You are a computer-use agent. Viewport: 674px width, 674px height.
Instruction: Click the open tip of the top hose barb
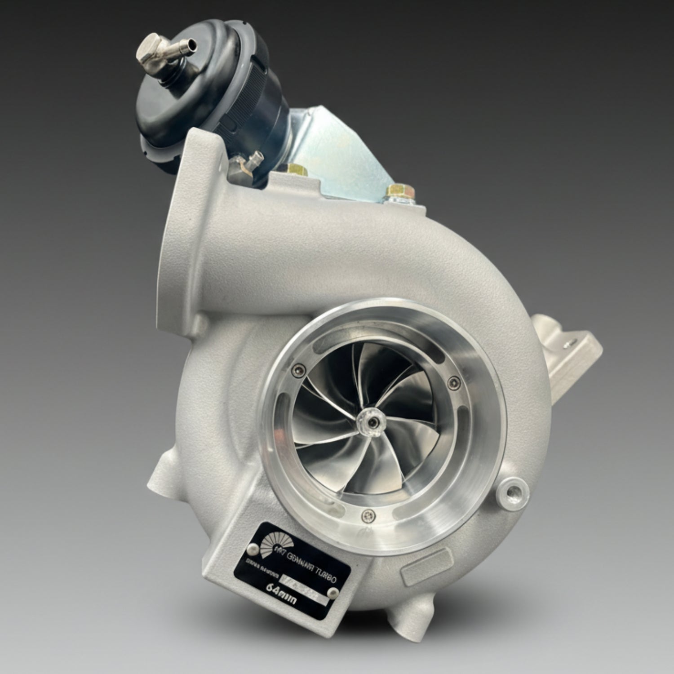194,44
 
